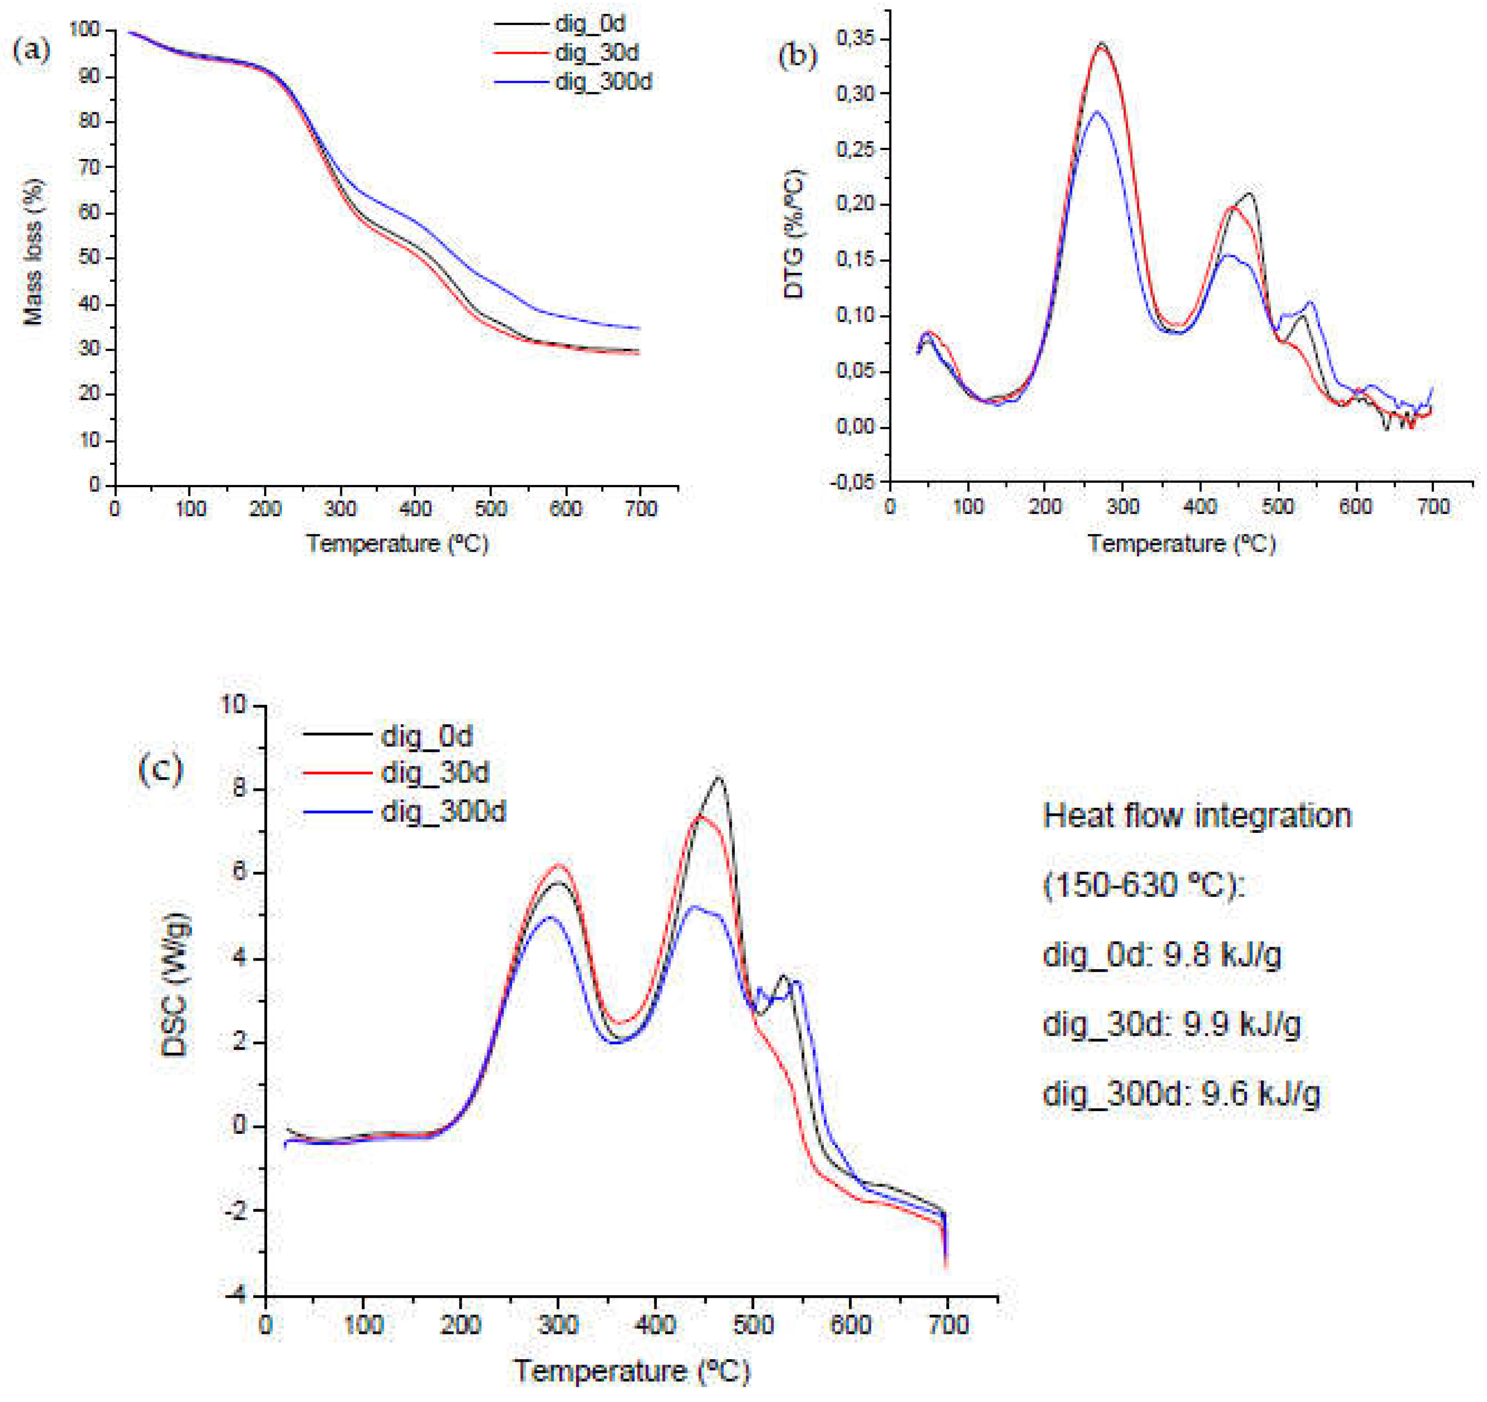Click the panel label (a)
click(x=32, y=50)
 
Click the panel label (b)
click(x=797, y=56)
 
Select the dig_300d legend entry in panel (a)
click(x=603, y=82)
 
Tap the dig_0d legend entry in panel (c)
click(x=426, y=736)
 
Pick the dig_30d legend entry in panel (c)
click(x=435, y=773)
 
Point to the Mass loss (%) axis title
click(x=33, y=252)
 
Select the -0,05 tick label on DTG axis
click(x=851, y=482)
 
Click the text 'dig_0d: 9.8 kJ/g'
click(x=1161, y=955)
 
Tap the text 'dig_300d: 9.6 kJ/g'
click(x=1181, y=1095)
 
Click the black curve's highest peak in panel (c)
click(x=720, y=778)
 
